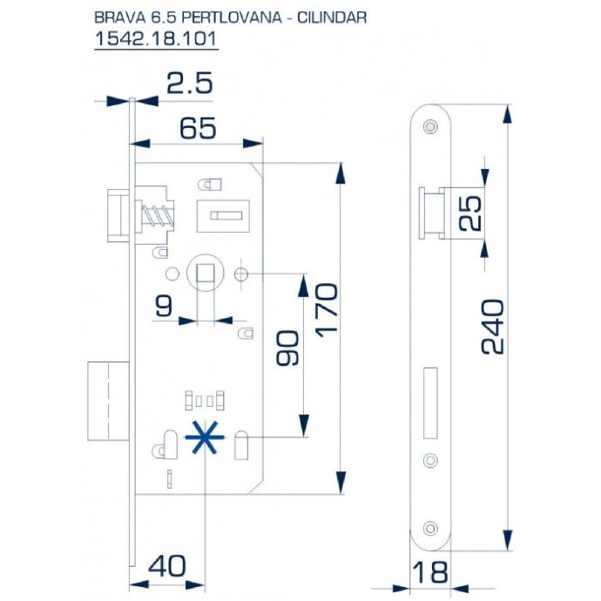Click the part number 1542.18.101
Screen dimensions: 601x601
pyautogui.click(x=156, y=38)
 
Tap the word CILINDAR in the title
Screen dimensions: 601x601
pyautogui.click(x=332, y=17)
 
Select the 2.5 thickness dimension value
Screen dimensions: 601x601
pyautogui.click(x=189, y=84)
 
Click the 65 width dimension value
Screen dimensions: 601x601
pyautogui.click(x=198, y=128)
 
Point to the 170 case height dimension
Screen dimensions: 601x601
pyautogui.click(x=327, y=310)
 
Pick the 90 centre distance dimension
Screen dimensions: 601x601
pyautogui.click(x=287, y=348)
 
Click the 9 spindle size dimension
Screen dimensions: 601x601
pyautogui.click(x=164, y=306)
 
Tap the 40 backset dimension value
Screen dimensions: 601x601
pyautogui.click(x=167, y=566)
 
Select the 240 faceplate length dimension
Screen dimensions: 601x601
pyautogui.click(x=492, y=327)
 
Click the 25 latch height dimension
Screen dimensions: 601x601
pyautogui.click(x=470, y=213)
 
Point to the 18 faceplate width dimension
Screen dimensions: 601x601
pyautogui.click(x=430, y=572)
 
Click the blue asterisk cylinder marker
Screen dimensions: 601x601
pyautogui.click(x=205, y=437)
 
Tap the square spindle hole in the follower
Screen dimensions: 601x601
pyautogui.click(x=205, y=273)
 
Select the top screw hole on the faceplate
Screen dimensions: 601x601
pyautogui.click(x=430, y=125)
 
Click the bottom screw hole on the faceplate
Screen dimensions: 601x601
pyautogui.click(x=430, y=528)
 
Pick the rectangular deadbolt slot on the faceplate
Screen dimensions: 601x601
pyautogui.click(x=430, y=402)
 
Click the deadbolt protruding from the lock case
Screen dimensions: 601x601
pyautogui.click(x=109, y=401)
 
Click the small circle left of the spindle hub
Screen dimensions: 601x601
pyautogui.click(x=172, y=274)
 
